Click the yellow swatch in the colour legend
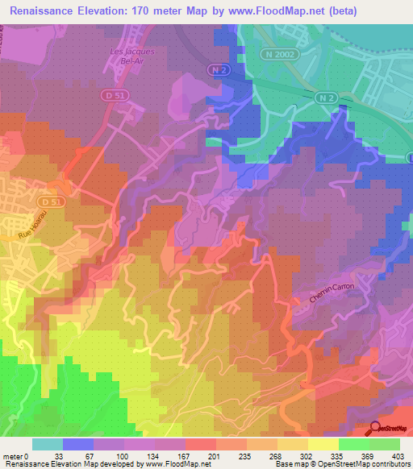323,444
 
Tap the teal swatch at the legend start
47,444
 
